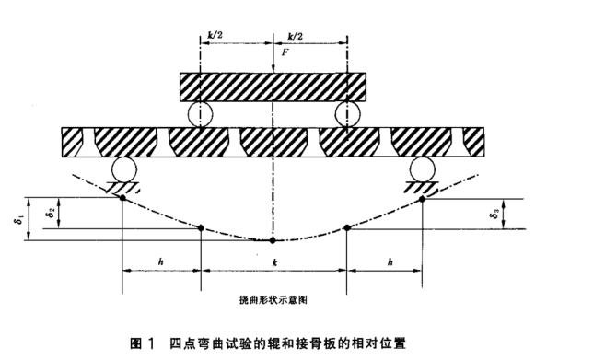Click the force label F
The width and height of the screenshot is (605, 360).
click(285, 54)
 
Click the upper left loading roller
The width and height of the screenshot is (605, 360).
click(200, 114)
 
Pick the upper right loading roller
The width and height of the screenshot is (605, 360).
click(346, 114)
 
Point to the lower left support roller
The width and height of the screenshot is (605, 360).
click(124, 169)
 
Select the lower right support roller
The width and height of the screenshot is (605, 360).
click(422, 169)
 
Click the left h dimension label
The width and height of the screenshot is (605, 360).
click(161, 261)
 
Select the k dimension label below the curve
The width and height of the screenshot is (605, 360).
click(273, 261)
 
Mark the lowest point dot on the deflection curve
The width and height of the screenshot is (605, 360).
click(273, 241)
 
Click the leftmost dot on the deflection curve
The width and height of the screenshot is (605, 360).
click(124, 197)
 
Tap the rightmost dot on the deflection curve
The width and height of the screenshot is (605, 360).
click(422, 197)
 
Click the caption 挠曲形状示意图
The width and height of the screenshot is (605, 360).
click(273, 299)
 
